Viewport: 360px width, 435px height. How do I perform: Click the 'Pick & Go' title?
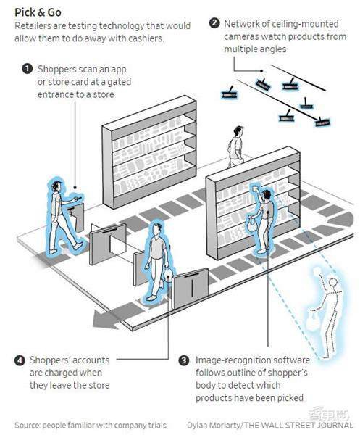click(38, 12)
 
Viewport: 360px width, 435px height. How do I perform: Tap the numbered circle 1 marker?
click(27, 69)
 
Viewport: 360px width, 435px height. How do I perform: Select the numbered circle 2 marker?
click(214, 23)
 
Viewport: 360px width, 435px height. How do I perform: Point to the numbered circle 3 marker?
click(184, 360)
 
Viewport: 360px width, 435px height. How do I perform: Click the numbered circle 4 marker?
click(20, 360)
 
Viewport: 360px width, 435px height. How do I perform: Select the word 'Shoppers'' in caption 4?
click(50, 360)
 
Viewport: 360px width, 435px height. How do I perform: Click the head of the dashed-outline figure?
click(333, 283)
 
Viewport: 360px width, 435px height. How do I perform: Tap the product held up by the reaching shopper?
click(255, 188)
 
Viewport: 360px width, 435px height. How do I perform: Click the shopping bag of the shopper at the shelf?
click(251, 224)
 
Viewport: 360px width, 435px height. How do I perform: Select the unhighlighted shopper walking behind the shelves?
click(236, 146)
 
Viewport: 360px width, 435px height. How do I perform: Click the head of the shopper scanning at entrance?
click(57, 186)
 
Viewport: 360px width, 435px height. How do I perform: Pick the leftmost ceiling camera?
click(230, 94)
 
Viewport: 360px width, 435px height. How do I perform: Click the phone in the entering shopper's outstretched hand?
click(78, 198)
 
